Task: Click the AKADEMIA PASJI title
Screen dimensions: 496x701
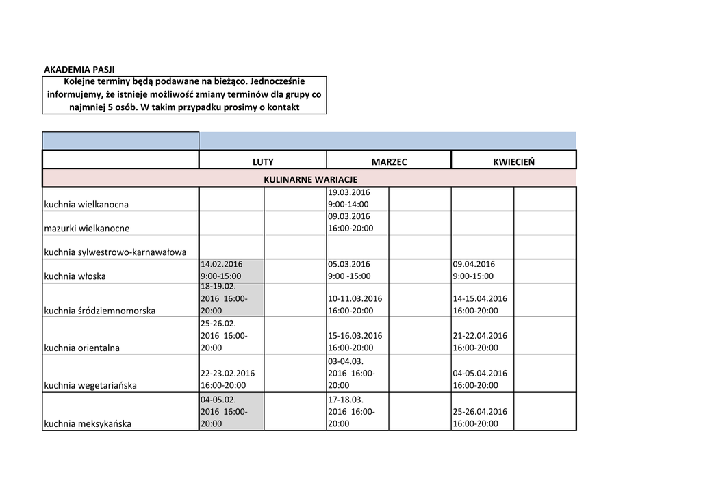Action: tap(79, 70)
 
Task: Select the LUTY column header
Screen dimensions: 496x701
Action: tap(263, 162)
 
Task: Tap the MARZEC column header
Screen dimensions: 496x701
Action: tap(389, 162)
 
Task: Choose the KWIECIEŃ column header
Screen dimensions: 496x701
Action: tap(513, 162)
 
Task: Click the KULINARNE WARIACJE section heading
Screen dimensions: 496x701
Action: tap(310, 179)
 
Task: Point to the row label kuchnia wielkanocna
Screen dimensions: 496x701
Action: tap(86, 204)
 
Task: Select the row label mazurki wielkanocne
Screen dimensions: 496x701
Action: tap(87, 228)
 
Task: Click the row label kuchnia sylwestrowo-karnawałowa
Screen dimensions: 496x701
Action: tap(115, 252)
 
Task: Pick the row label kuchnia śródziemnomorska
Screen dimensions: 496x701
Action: tap(99, 311)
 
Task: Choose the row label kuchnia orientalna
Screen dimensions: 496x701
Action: tap(82, 348)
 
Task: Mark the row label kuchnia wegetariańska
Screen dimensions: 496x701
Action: tap(90, 385)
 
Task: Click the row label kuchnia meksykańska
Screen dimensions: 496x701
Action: tap(88, 423)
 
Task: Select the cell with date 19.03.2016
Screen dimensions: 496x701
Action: tap(358, 198)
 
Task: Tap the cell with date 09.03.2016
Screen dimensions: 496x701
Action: tap(358, 222)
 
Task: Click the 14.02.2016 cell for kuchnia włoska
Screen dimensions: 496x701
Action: tap(231, 270)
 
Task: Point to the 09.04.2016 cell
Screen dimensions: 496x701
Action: tap(482, 270)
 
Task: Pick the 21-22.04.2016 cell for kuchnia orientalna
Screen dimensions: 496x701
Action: tap(482, 341)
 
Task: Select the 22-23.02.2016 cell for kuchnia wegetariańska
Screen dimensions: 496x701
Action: tap(231, 379)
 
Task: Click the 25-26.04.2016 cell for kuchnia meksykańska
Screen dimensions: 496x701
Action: tap(482, 417)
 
